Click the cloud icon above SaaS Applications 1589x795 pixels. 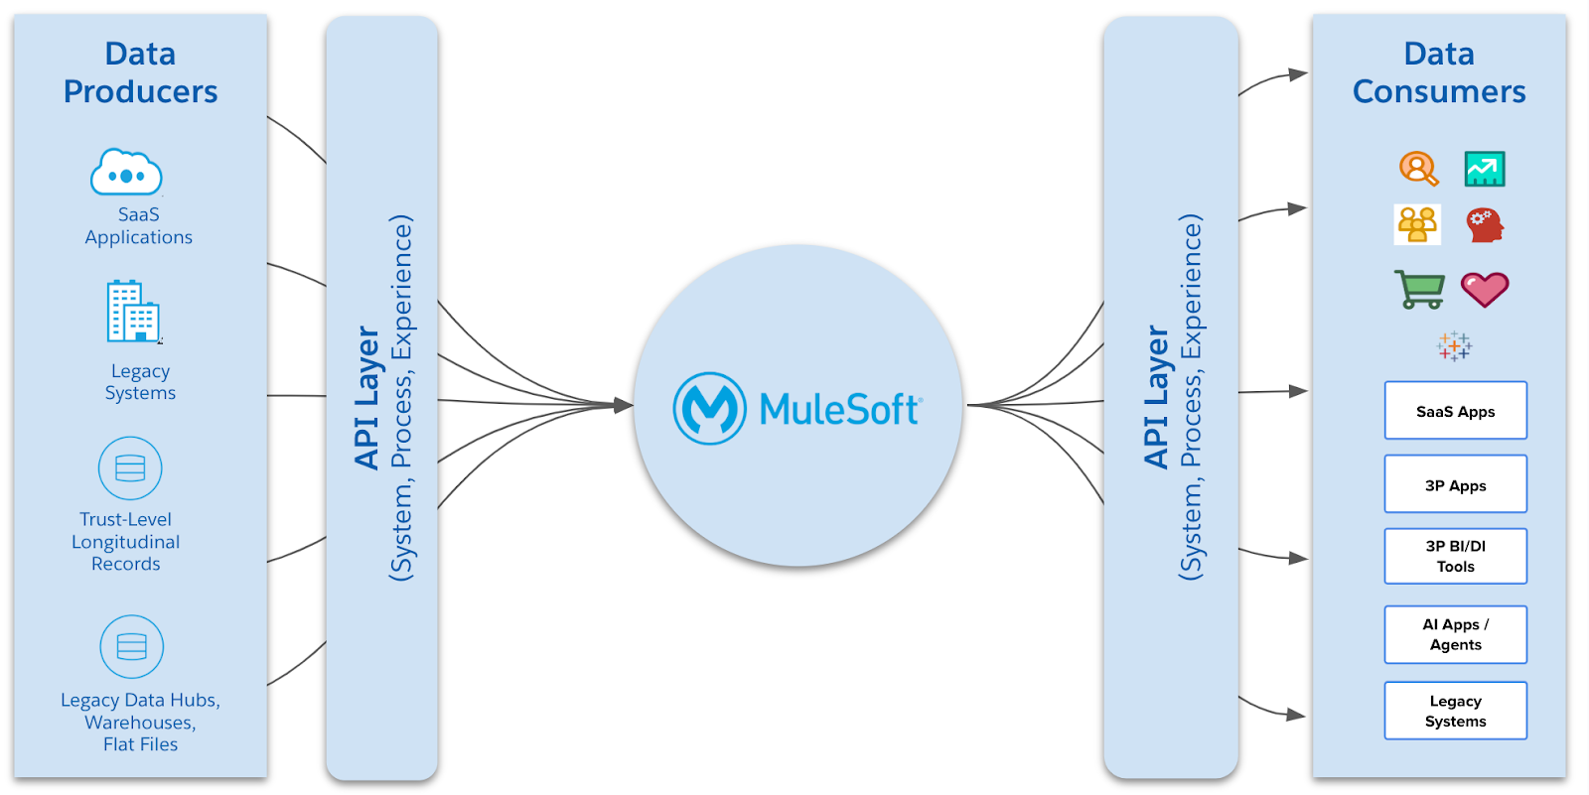tap(126, 173)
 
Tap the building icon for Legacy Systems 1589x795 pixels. tap(132, 312)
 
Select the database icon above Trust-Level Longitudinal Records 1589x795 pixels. tap(130, 468)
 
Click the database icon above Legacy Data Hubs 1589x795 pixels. tap(131, 647)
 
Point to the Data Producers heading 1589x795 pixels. tap(140, 72)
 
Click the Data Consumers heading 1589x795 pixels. tap(1438, 72)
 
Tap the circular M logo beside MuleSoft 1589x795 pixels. tap(709, 408)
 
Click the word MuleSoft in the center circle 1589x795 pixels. tap(840, 409)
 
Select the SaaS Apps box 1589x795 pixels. tap(1455, 411)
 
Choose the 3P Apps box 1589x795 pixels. tap(1455, 484)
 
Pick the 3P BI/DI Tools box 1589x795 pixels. tap(1455, 556)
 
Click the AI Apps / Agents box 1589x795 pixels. tap(1455, 634)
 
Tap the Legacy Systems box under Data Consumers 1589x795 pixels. tap(1455, 711)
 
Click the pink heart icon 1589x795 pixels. tap(1485, 289)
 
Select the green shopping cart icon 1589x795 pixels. tap(1419, 289)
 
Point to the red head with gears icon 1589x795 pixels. tap(1485, 225)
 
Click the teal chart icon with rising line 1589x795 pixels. tap(1485, 169)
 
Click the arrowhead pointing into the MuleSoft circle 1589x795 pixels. tap(624, 405)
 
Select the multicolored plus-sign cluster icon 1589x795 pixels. tap(1454, 346)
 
